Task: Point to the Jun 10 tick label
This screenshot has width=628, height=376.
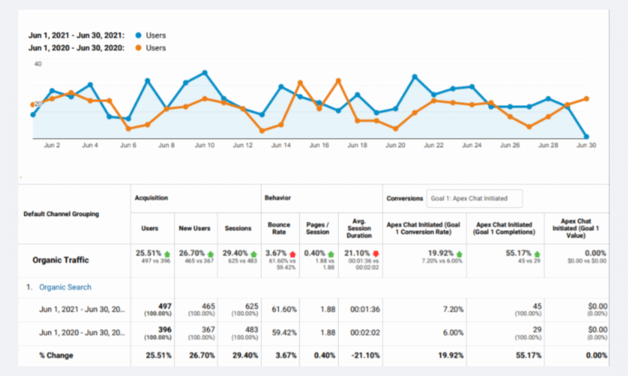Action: click(x=204, y=146)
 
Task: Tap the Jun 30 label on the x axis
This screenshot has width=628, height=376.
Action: click(x=587, y=146)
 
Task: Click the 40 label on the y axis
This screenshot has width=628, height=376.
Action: click(x=38, y=64)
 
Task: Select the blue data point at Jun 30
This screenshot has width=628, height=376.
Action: click(x=587, y=137)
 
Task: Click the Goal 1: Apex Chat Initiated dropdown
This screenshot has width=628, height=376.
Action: click(x=475, y=198)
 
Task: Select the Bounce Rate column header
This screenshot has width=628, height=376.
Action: click(x=279, y=228)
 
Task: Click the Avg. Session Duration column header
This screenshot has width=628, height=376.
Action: click(x=359, y=228)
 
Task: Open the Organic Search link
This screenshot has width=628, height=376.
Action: click(x=65, y=287)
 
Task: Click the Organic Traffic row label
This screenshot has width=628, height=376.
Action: click(x=61, y=260)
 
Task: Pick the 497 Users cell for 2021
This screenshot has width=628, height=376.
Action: click(x=164, y=306)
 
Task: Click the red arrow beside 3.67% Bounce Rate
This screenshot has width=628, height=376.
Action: click(x=293, y=254)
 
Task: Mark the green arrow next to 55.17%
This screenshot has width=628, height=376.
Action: click(x=538, y=254)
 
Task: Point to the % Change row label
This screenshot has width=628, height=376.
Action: click(x=57, y=355)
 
